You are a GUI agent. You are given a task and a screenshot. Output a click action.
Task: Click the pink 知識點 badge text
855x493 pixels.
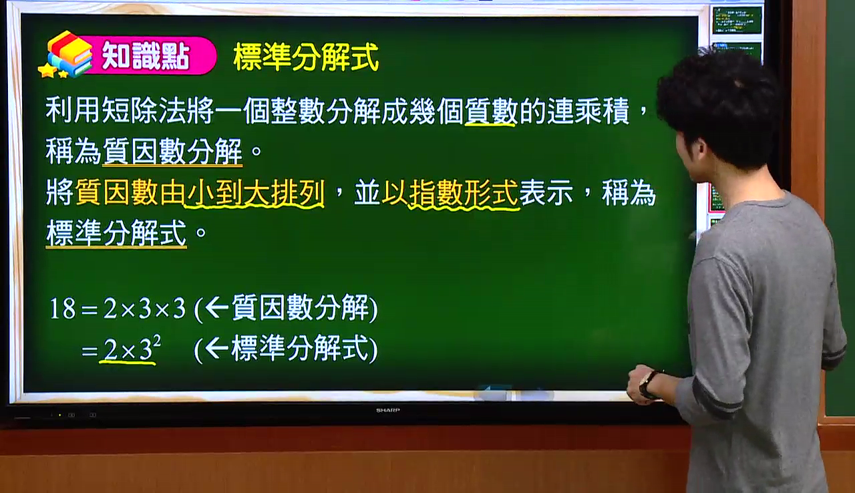tap(146, 56)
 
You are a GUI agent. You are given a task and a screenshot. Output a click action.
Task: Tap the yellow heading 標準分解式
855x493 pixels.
tap(306, 57)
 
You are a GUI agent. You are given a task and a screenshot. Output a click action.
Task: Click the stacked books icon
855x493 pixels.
tap(69, 53)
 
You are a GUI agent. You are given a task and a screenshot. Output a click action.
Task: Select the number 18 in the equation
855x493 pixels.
tap(63, 309)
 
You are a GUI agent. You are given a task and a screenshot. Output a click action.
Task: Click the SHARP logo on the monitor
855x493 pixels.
tap(388, 410)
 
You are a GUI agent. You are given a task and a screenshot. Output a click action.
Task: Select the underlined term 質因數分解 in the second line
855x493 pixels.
tap(172, 152)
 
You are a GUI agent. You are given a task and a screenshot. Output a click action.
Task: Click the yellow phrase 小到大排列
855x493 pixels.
tap(254, 192)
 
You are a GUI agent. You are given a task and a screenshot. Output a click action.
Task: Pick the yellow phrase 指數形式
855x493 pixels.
tap(464, 192)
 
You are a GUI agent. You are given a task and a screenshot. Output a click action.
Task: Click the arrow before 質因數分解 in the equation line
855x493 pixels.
tap(217, 307)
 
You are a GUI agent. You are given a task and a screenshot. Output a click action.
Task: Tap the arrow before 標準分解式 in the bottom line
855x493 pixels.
tap(217, 348)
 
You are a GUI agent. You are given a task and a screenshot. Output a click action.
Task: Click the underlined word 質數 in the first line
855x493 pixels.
tap(491, 111)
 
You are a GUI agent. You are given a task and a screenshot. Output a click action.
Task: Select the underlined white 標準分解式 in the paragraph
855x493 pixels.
tap(116, 233)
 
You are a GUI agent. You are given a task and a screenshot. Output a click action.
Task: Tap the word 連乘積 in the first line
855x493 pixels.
tap(588, 111)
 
